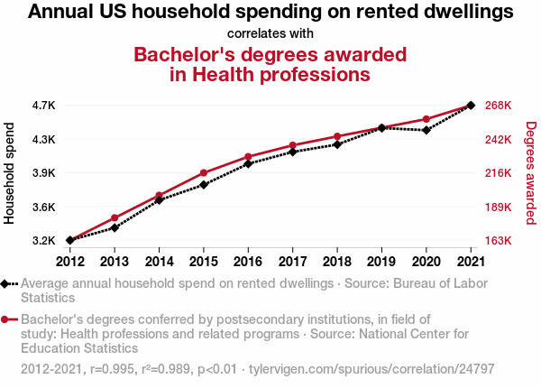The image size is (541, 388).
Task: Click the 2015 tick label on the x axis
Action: coord(204,262)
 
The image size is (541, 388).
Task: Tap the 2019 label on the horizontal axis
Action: coord(381,262)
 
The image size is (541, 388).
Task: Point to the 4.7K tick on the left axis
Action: coord(42,106)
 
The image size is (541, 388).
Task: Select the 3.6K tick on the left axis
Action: coord(42,207)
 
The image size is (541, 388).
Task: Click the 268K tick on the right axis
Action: coord(499,106)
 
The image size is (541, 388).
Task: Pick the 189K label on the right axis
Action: coord(499,207)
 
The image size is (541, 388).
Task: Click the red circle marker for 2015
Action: coord(204,172)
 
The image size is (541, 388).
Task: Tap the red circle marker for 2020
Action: coord(426,119)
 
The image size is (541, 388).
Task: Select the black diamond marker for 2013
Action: coord(115,227)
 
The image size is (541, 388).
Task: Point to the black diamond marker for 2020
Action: coord(426,130)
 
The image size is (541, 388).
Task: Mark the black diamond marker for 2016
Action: coord(248,163)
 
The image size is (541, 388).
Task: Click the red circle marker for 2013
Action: coord(115,217)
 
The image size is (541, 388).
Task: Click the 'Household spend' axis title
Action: coord(10,173)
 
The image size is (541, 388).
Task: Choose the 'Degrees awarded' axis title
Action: coord(531,173)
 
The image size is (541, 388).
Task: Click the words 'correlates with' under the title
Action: coord(270,33)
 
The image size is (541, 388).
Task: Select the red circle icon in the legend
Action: coord(7,319)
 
